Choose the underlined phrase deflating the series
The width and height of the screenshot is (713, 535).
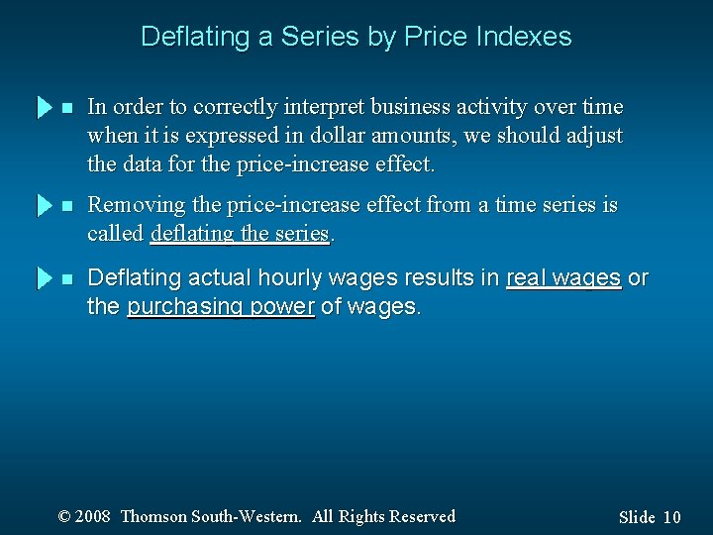pyautogui.click(x=239, y=233)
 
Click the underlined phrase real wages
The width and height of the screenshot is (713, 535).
pyautogui.click(x=563, y=279)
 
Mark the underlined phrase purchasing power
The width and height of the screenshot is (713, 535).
pyautogui.click(x=221, y=307)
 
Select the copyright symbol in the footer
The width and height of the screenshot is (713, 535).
pyautogui.click(x=65, y=516)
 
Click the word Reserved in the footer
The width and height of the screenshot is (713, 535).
pyautogui.click(x=421, y=516)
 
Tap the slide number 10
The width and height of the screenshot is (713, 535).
pyautogui.click(x=671, y=517)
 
